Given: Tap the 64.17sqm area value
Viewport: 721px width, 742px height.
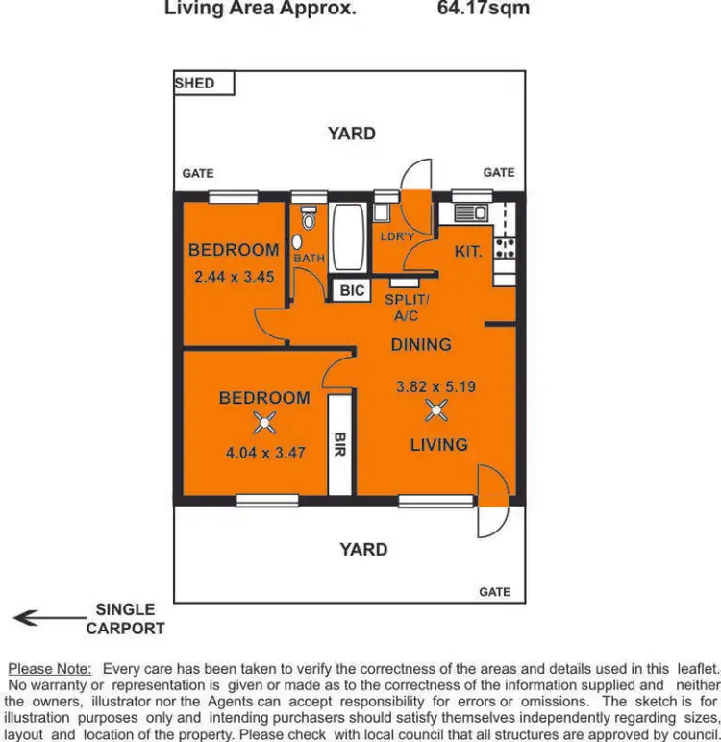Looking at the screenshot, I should point(483,10).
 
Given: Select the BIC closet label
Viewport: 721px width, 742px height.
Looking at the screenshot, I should point(353,289).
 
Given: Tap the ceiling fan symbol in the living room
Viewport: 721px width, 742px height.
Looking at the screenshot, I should point(437,412).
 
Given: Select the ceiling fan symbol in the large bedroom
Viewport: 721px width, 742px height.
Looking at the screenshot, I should point(264,421).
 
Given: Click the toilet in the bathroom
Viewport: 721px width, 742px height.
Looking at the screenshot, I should point(308,220).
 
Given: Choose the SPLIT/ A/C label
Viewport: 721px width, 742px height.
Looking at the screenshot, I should point(407,307).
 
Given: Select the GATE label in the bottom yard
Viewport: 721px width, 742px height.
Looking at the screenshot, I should point(495,592).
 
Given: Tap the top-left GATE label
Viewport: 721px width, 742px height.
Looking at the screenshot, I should point(198,173).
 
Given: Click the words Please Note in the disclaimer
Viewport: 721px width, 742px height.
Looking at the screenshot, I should point(49,668).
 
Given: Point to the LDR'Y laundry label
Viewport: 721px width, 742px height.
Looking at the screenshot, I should point(396,236).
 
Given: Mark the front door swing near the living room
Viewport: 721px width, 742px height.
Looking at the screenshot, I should point(491,502).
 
